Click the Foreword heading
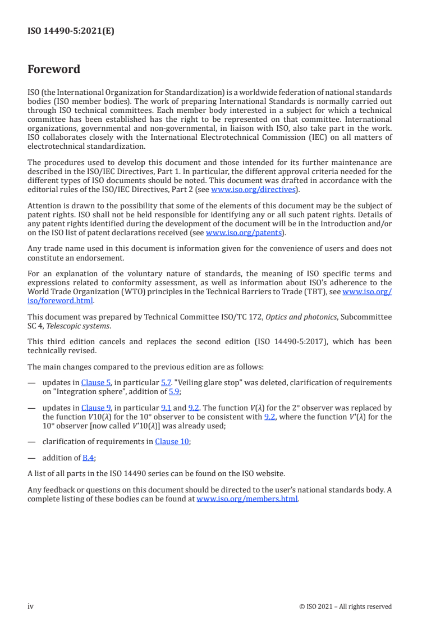(x=54, y=70)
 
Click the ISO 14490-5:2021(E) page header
(x=71, y=31)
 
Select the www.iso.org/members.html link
(x=247, y=499)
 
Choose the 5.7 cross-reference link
(x=166, y=382)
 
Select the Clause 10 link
(x=172, y=441)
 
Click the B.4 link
(x=88, y=458)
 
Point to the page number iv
(x=31, y=606)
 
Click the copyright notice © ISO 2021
(x=346, y=606)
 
